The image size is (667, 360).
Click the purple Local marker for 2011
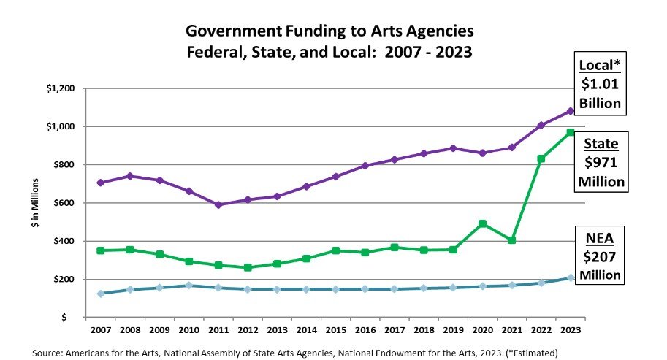coord(198,204)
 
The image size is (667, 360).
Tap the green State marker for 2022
coord(541,158)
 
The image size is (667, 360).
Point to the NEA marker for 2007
coord(100,294)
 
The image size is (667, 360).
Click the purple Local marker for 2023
coord(571,111)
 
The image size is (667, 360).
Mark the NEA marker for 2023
coord(571,277)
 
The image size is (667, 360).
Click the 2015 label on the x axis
coord(335,329)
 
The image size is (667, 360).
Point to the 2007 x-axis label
coord(100,329)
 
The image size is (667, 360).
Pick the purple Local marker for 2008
coord(129,176)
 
